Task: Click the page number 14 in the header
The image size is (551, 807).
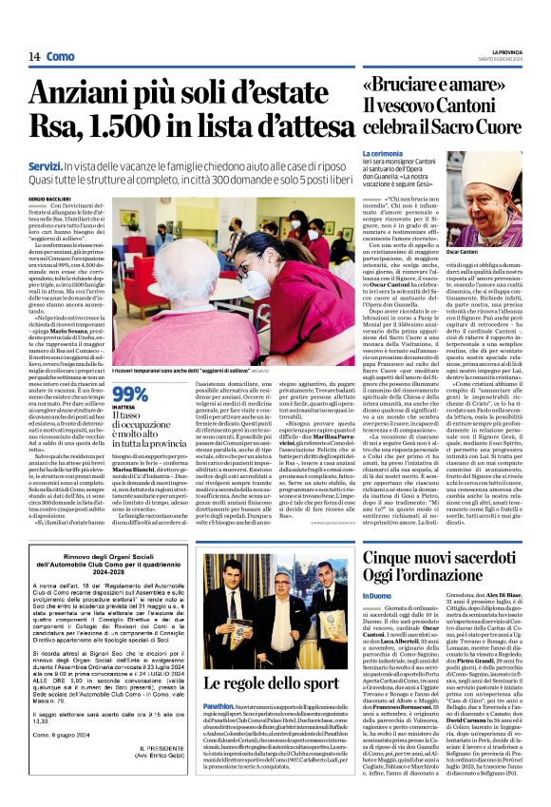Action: tap(34, 57)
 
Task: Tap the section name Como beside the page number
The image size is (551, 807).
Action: tap(62, 57)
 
